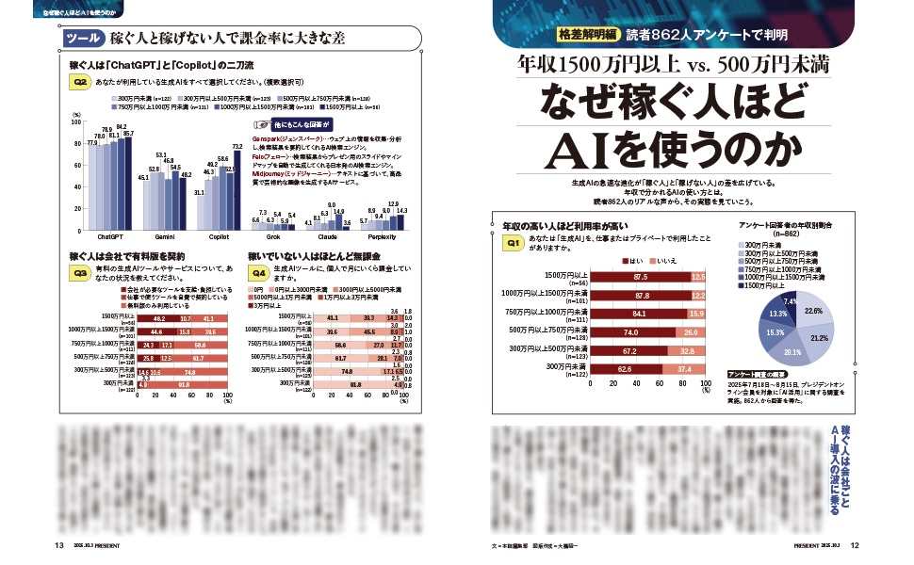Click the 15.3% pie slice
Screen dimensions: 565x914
click(775, 331)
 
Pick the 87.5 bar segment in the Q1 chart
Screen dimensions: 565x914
click(641, 277)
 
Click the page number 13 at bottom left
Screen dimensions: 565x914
click(58, 545)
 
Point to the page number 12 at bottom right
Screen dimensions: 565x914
click(855, 545)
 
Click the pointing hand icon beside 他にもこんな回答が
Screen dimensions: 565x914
click(261, 124)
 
